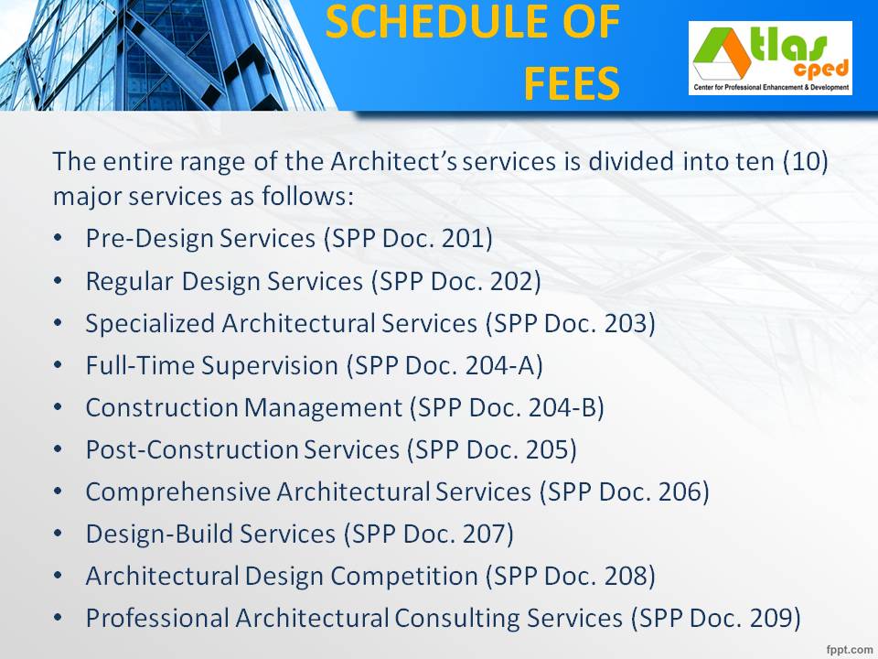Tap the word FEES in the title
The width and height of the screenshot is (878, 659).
coord(572,84)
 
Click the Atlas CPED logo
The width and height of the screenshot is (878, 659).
coord(770,58)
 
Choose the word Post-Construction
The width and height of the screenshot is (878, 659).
coord(192,450)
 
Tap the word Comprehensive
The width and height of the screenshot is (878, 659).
coord(178,492)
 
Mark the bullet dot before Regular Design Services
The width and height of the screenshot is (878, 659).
coord(59,282)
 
